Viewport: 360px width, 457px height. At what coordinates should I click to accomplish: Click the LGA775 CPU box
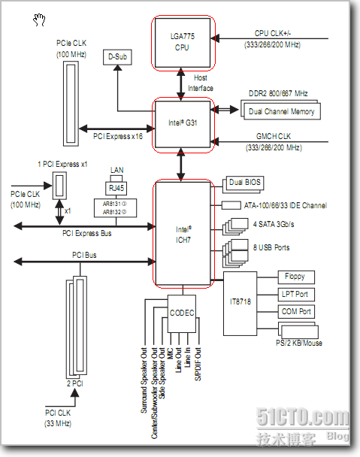[183, 43]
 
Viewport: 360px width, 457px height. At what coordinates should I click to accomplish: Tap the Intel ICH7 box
[183, 234]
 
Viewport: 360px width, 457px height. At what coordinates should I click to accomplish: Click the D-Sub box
[117, 57]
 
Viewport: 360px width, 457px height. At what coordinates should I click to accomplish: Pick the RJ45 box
[116, 188]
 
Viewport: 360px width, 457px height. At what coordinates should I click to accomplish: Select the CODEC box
[182, 313]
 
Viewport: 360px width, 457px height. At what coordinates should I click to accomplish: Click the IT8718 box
[241, 304]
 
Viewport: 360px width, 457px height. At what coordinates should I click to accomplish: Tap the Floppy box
[296, 277]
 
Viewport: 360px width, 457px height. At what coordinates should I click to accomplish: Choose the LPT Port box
[296, 295]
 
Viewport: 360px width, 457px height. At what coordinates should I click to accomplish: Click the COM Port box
[296, 312]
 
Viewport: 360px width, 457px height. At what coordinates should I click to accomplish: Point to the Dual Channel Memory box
[282, 111]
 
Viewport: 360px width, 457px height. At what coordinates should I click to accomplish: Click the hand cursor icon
[39, 20]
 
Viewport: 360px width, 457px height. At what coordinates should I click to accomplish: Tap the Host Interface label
[201, 83]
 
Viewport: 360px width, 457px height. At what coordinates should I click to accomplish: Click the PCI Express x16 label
[118, 136]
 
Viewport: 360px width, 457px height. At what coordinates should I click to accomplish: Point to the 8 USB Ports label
[271, 248]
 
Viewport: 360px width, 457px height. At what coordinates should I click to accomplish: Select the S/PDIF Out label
[198, 364]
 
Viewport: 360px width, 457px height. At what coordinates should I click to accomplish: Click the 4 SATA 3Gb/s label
[274, 224]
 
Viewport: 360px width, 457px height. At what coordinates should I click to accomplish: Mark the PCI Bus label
[84, 255]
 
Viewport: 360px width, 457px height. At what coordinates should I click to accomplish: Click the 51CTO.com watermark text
[302, 417]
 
